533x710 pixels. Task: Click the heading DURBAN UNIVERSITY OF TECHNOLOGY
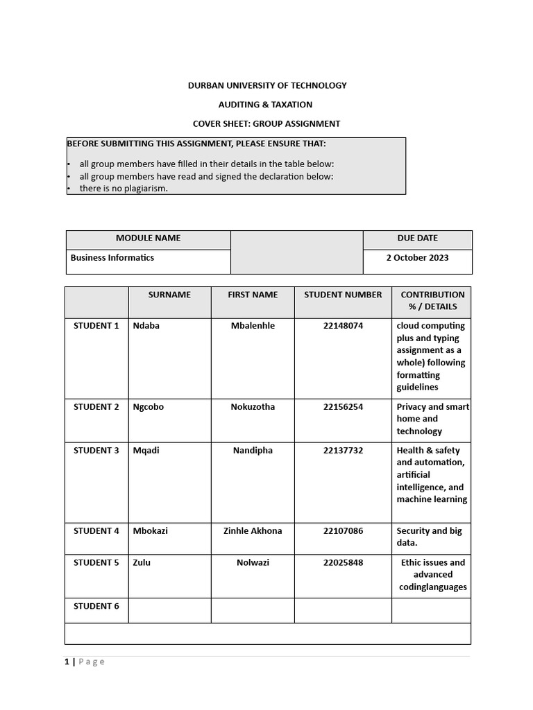pyautogui.click(x=267, y=85)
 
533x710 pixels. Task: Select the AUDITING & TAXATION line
pyautogui.click(x=266, y=105)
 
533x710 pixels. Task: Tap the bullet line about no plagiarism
pyautogui.click(x=124, y=189)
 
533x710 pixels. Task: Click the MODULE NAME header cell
pyautogui.click(x=148, y=238)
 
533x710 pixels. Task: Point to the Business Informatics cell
pyautogui.click(x=112, y=257)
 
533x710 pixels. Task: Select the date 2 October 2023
pyautogui.click(x=417, y=257)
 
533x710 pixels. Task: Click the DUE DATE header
pyautogui.click(x=417, y=238)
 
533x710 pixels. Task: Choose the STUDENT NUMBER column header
pyautogui.click(x=343, y=295)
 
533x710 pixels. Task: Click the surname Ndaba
pyautogui.click(x=146, y=326)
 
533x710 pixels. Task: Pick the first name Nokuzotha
pyautogui.click(x=253, y=407)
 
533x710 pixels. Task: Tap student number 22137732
pyautogui.click(x=343, y=451)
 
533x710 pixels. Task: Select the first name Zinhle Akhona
pyautogui.click(x=253, y=531)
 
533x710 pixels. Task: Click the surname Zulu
pyautogui.click(x=142, y=562)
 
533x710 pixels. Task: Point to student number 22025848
pyautogui.click(x=343, y=562)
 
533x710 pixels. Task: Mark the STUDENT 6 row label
pyautogui.click(x=96, y=606)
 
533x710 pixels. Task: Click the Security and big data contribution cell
pyautogui.click(x=430, y=537)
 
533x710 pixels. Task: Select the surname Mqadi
pyautogui.click(x=146, y=451)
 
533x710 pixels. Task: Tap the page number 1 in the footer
pyautogui.click(x=67, y=661)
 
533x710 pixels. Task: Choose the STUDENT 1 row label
pyautogui.click(x=96, y=326)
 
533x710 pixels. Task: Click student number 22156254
pyautogui.click(x=343, y=407)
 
